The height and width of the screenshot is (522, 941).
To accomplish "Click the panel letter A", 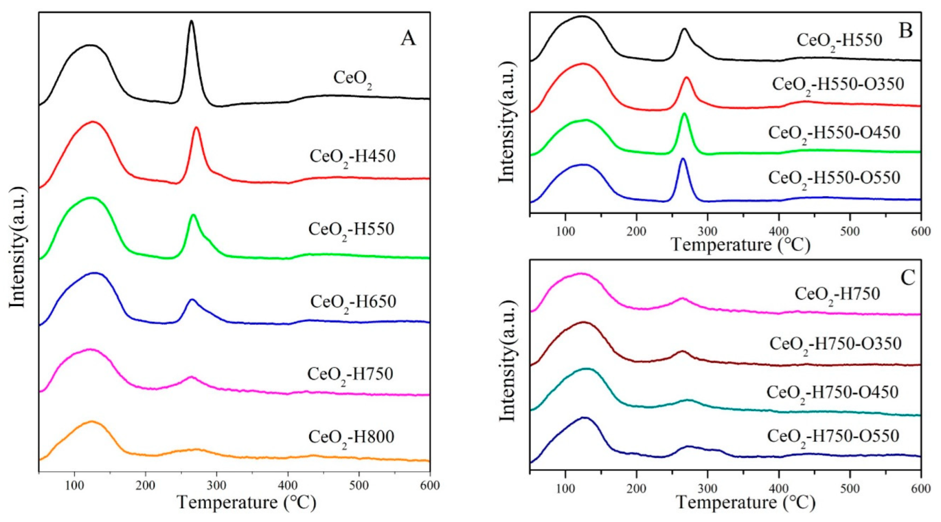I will tap(408, 38).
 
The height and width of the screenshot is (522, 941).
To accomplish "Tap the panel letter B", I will tap(905, 30).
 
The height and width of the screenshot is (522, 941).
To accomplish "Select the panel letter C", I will tap(908, 277).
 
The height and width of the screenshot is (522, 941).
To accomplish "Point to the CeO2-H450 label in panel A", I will tap(352, 157).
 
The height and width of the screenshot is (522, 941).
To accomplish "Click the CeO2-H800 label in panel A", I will tap(351, 438).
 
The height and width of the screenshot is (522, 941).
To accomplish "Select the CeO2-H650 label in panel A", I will tap(353, 302).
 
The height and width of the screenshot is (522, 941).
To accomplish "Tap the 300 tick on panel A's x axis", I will tap(216, 486).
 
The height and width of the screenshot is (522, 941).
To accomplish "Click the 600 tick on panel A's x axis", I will tap(429, 486).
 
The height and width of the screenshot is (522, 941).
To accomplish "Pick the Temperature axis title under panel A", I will tap(247, 503).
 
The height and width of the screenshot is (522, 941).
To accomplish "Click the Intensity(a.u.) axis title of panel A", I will tap(17, 247).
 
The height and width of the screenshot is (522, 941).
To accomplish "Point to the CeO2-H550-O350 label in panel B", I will tap(838, 85).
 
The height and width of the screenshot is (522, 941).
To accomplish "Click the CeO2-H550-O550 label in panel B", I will tap(834, 178).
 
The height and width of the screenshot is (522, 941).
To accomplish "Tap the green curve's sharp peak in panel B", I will tap(684, 115).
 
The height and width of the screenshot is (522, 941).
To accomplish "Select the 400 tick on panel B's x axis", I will tap(778, 231).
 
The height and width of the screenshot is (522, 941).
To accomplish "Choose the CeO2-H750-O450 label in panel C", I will tap(832, 393).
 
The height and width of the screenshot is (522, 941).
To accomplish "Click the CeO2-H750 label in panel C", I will tap(837, 295).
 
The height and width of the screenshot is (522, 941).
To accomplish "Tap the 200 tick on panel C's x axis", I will tap(636, 488).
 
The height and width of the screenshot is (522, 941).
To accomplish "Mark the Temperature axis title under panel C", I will tap(745, 503).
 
